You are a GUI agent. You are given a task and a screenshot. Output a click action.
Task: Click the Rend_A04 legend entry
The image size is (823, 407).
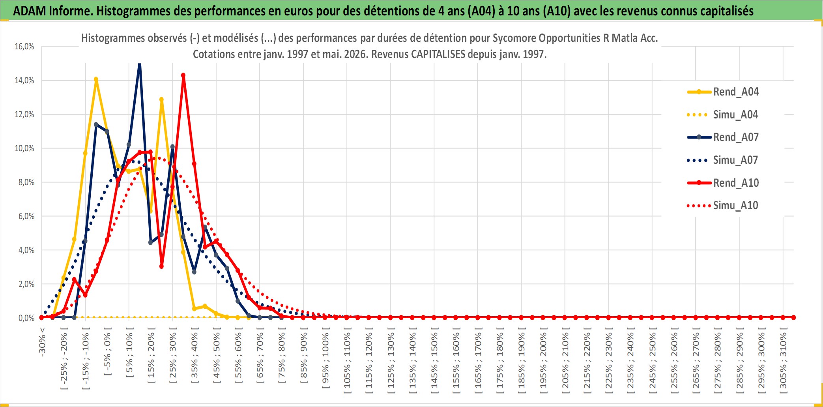723,92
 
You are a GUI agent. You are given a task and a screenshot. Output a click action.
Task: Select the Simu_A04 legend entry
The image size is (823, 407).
723,115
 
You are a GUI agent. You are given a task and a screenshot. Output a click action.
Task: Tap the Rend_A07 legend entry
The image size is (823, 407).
723,137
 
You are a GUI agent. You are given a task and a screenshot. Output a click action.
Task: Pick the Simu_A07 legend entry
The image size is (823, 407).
723,160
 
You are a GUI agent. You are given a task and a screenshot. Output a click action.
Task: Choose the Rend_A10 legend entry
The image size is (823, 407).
723,183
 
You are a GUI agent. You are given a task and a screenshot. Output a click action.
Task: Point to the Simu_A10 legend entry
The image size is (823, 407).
723,206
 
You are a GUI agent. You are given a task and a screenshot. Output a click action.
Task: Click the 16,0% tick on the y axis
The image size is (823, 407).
24,47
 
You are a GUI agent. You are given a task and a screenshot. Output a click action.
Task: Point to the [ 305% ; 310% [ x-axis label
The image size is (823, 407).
783,360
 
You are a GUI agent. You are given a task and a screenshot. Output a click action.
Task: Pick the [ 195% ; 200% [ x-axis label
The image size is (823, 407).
543,360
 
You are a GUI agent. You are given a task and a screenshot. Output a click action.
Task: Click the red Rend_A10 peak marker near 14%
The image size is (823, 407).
183,75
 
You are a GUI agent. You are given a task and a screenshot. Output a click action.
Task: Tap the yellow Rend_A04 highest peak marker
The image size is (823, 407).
96,79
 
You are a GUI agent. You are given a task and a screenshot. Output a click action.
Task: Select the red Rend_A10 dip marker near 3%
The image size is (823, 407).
161,266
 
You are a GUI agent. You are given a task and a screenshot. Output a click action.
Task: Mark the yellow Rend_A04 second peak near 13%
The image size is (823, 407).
161,100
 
